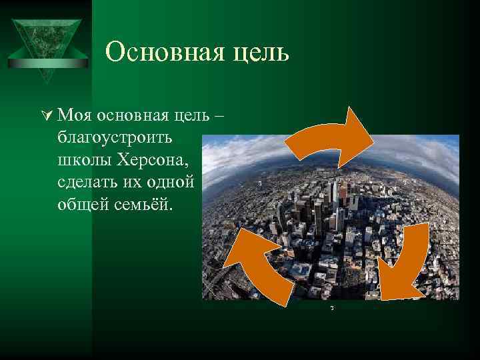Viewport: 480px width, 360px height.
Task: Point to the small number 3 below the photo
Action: click(x=331, y=308)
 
